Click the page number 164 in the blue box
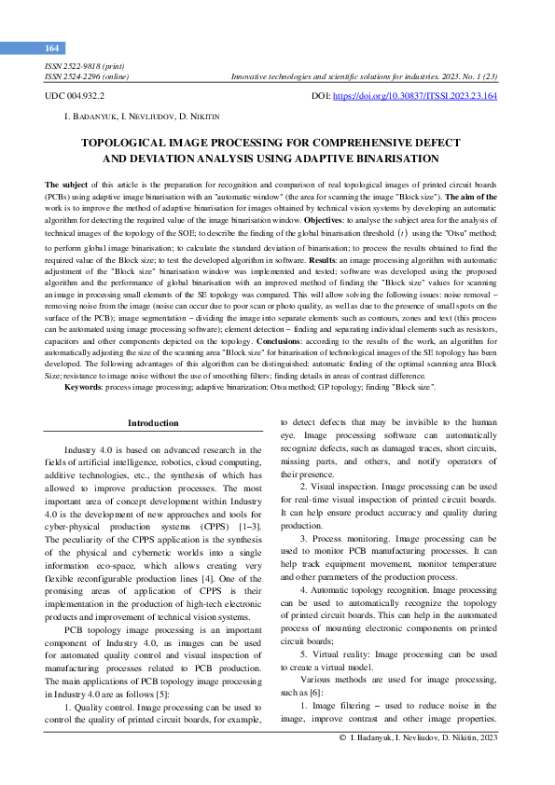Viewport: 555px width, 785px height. (x=51, y=48)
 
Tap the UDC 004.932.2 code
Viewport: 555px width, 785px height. (x=75, y=96)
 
